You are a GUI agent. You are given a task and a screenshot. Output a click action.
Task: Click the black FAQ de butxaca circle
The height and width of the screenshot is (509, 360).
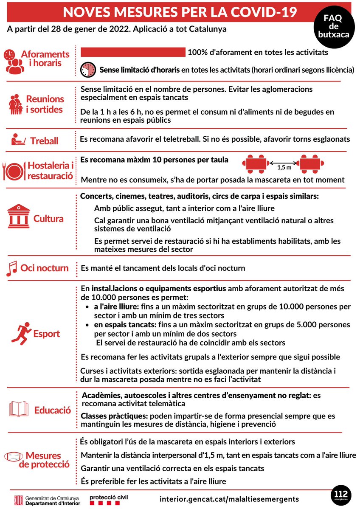(x=333, y=26)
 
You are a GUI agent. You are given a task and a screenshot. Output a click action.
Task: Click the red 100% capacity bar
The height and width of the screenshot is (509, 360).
(x=133, y=52)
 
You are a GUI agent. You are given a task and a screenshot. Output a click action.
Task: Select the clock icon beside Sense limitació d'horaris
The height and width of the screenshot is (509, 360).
(x=88, y=70)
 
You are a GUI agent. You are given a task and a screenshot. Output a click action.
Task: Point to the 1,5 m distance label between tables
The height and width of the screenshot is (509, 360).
(x=284, y=168)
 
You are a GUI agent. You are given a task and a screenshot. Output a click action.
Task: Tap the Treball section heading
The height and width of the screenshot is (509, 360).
(x=44, y=141)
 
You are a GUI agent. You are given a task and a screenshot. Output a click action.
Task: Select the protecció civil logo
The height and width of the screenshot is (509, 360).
(x=109, y=499)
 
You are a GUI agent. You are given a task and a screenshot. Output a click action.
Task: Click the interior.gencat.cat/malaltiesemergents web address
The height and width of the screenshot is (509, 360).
(x=229, y=499)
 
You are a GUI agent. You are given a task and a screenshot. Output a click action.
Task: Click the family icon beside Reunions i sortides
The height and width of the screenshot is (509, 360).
(x=16, y=104)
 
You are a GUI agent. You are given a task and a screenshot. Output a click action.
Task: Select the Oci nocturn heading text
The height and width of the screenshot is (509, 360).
(x=45, y=268)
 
